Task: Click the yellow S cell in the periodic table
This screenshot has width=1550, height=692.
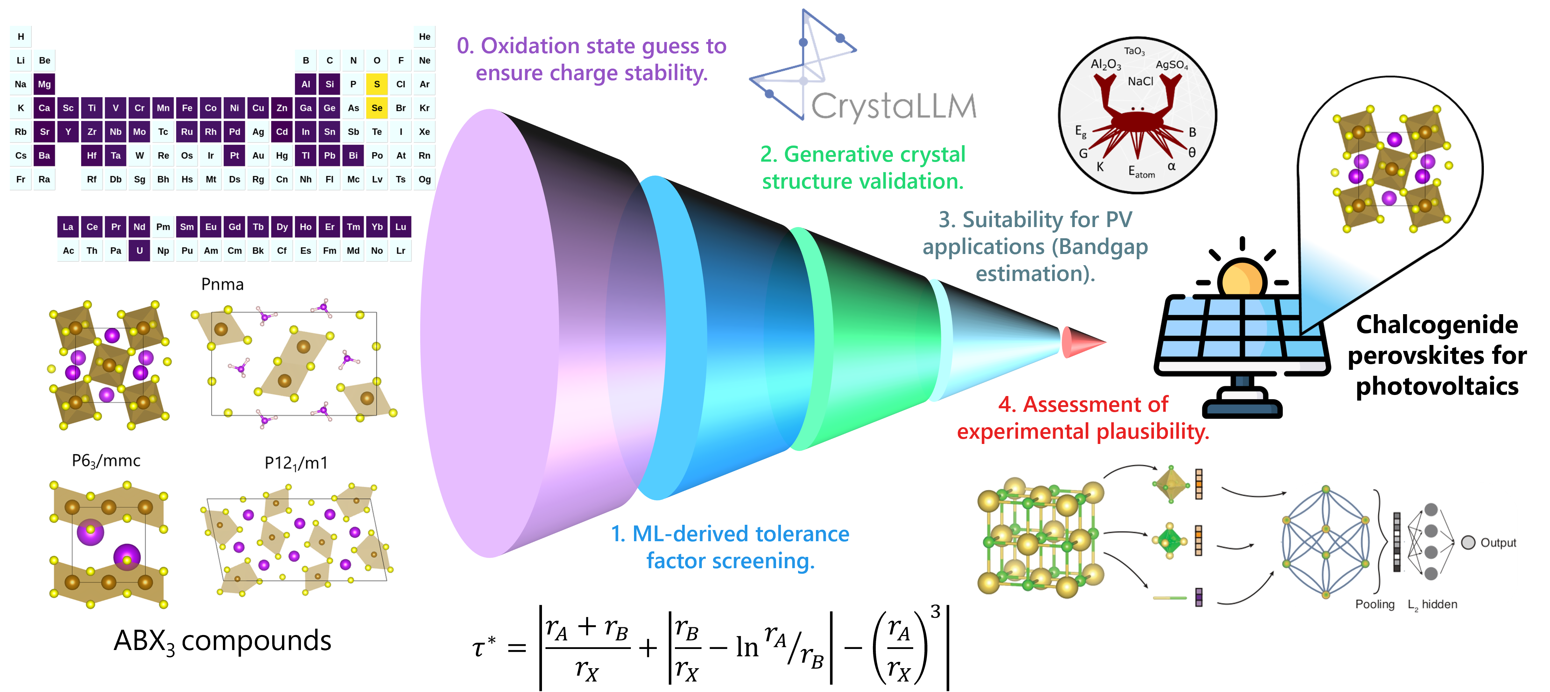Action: click(x=377, y=84)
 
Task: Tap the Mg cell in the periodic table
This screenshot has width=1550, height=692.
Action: click(x=44, y=84)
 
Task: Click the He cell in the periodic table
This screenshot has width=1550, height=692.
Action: click(x=424, y=37)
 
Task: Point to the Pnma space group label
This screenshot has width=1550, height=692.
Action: click(x=222, y=285)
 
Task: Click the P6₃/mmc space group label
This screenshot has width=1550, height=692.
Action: click(x=106, y=461)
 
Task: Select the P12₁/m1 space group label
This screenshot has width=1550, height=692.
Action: click(x=296, y=463)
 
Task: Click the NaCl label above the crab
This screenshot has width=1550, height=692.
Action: click(x=1140, y=81)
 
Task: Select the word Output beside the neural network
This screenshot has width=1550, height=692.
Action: click(x=1498, y=543)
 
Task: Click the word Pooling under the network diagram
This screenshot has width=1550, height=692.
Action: click(x=1374, y=604)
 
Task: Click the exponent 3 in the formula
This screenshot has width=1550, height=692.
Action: click(x=935, y=612)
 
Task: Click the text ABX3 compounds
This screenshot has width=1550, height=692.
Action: click(x=222, y=641)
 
